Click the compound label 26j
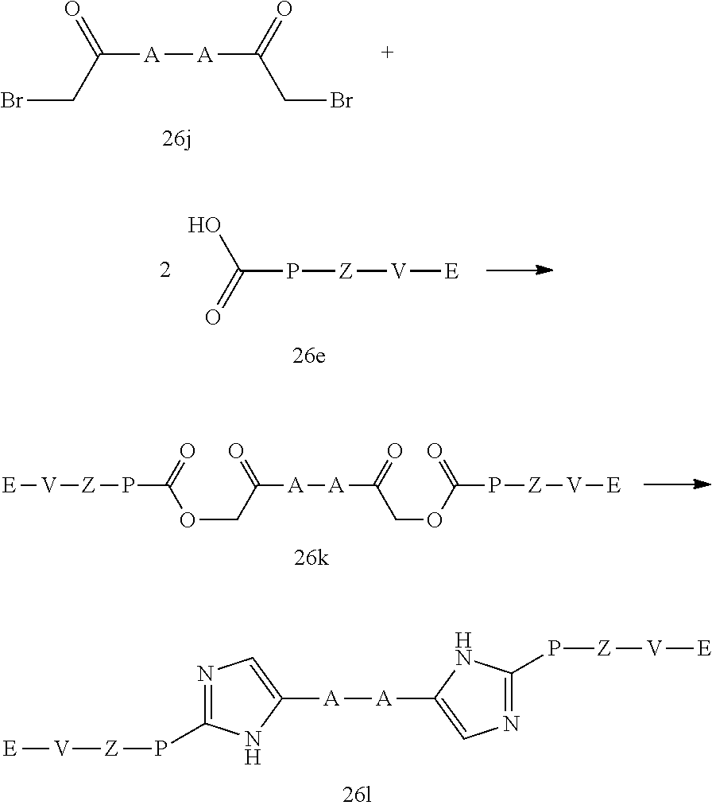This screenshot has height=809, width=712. point(179,143)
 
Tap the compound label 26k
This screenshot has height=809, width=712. point(311,558)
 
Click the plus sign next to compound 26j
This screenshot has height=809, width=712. point(388,54)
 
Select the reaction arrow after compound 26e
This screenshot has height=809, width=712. point(519,270)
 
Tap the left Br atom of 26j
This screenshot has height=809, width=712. point(13,102)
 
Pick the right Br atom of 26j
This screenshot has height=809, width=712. point(341,102)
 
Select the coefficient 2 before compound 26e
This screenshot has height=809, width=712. point(164,271)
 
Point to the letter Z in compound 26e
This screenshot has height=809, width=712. point(345,272)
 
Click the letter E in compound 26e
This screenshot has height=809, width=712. point(451,272)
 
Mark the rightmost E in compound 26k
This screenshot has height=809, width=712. point(613,485)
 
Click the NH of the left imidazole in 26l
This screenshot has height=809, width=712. point(253,748)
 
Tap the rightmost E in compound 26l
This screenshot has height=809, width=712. point(702,650)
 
